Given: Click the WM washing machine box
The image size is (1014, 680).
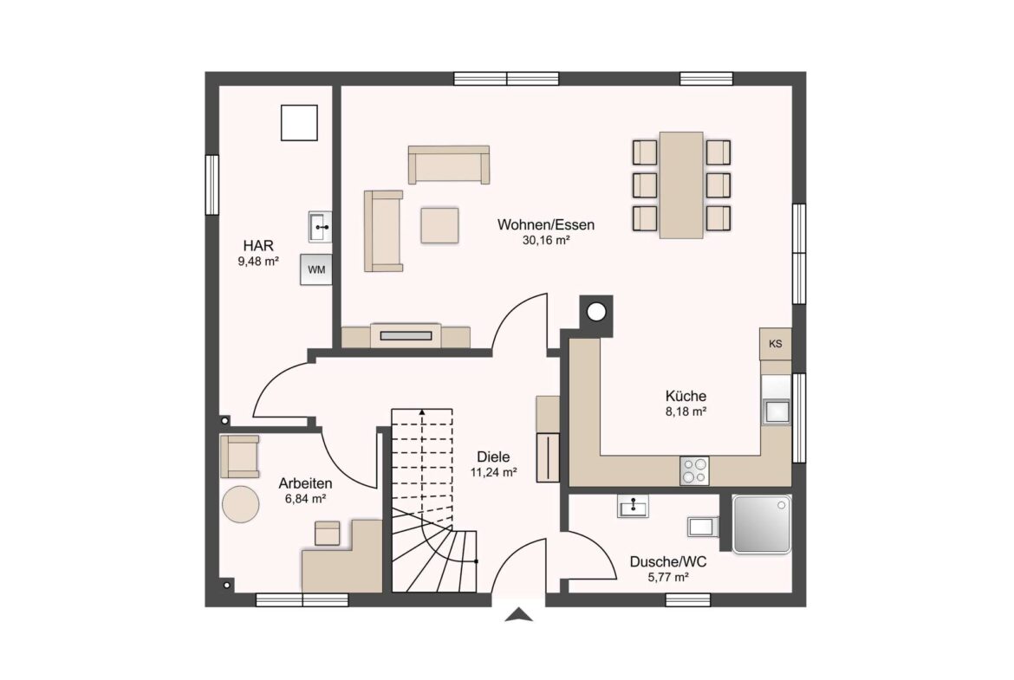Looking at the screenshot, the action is pyautogui.click(x=315, y=269).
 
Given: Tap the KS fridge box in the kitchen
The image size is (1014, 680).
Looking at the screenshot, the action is pyautogui.click(x=776, y=344).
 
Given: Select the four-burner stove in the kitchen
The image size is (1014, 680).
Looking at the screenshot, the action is pyautogui.click(x=694, y=470).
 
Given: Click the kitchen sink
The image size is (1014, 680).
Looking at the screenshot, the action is pyautogui.click(x=776, y=411).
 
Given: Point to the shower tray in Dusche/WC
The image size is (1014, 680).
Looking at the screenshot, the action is pyautogui.click(x=762, y=524).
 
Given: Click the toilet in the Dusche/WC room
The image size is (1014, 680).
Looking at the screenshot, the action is pyautogui.click(x=703, y=526).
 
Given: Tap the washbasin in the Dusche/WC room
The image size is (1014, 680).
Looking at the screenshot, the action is pyautogui.click(x=633, y=506).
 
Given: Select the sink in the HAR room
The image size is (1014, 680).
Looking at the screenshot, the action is pyautogui.click(x=320, y=227).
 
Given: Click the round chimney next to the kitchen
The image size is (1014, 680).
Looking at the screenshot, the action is pyautogui.click(x=595, y=313).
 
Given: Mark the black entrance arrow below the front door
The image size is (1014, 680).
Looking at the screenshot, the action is pyautogui.click(x=519, y=615).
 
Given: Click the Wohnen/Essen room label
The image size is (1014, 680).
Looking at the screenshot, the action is pyautogui.click(x=546, y=225).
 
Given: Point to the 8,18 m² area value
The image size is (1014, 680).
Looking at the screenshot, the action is pyautogui.click(x=686, y=411).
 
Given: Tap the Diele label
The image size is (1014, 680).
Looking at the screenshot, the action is pyautogui.click(x=493, y=457).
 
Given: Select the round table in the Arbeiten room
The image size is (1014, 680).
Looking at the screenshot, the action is pyautogui.click(x=241, y=503).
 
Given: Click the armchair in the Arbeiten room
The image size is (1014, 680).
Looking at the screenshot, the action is pyautogui.click(x=240, y=456).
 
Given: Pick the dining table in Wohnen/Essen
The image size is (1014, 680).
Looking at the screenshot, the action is pyautogui.click(x=681, y=185).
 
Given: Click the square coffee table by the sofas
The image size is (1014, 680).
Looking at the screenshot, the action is pyautogui.click(x=439, y=225).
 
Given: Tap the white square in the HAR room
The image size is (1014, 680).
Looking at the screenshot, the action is pyautogui.click(x=299, y=123).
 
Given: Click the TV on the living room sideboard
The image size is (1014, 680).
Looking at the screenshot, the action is pyautogui.click(x=406, y=335).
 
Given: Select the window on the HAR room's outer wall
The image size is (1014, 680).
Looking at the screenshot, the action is pyautogui.click(x=212, y=185).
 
